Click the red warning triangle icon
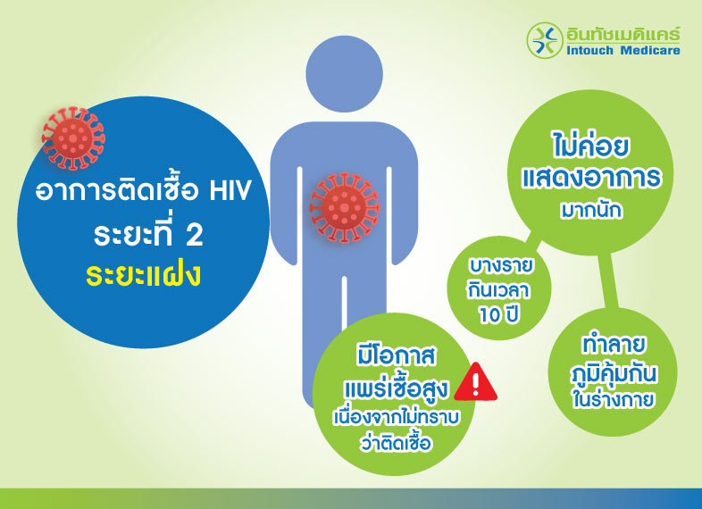click(477, 382)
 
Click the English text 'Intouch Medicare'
click(623, 51)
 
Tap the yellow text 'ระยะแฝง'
click(143, 272)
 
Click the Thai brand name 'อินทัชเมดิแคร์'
click(623, 33)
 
